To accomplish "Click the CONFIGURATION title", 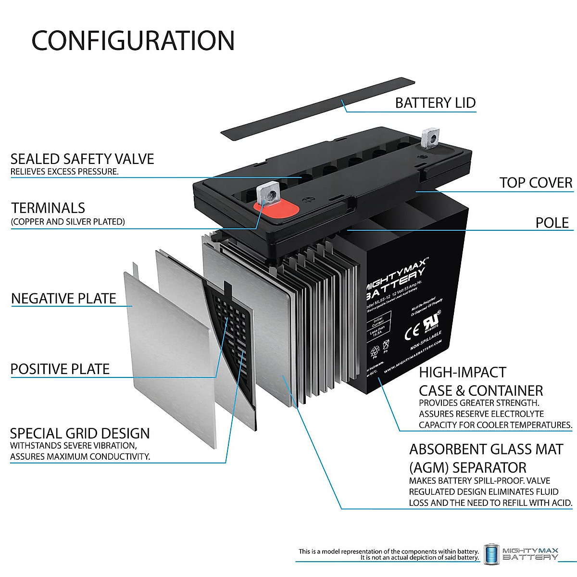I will pyautogui.click(x=133, y=40).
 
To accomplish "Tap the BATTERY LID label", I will pyautogui.click(x=435, y=103).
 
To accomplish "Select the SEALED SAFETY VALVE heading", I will pyautogui.click(x=82, y=159).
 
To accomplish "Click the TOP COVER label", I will pyautogui.click(x=536, y=183).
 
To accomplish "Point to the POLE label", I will pyautogui.click(x=552, y=223).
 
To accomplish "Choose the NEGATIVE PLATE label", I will pyautogui.click(x=63, y=299).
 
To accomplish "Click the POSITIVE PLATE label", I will pyautogui.click(x=60, y=369).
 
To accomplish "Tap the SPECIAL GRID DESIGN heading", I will pyautogui.click(x=80, y=433).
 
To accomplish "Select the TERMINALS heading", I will pyautogui.click(x=48, y=208).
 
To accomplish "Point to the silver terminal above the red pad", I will pyautogui.click(x=267, y=193).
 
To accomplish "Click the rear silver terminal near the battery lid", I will pyautogui.click(x=429, y=138).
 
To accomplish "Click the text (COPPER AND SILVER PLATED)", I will pyautogui.click(x=68, y=222).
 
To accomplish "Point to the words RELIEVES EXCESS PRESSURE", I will pyautogui.click(x=64, y=172).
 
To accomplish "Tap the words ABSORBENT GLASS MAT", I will pyautogui.click(x=486, y=449).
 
